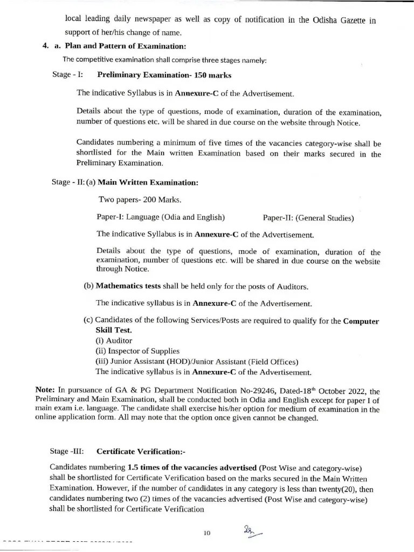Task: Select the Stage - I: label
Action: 67,74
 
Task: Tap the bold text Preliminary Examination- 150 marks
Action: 164,75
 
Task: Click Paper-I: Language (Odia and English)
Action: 160,218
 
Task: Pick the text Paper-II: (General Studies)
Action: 308,218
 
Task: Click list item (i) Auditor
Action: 114,341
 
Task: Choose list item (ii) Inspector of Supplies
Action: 130,351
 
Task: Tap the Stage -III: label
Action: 67,451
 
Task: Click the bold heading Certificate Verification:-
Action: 140,451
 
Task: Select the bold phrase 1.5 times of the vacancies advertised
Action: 192,467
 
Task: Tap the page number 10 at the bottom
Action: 206,533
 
